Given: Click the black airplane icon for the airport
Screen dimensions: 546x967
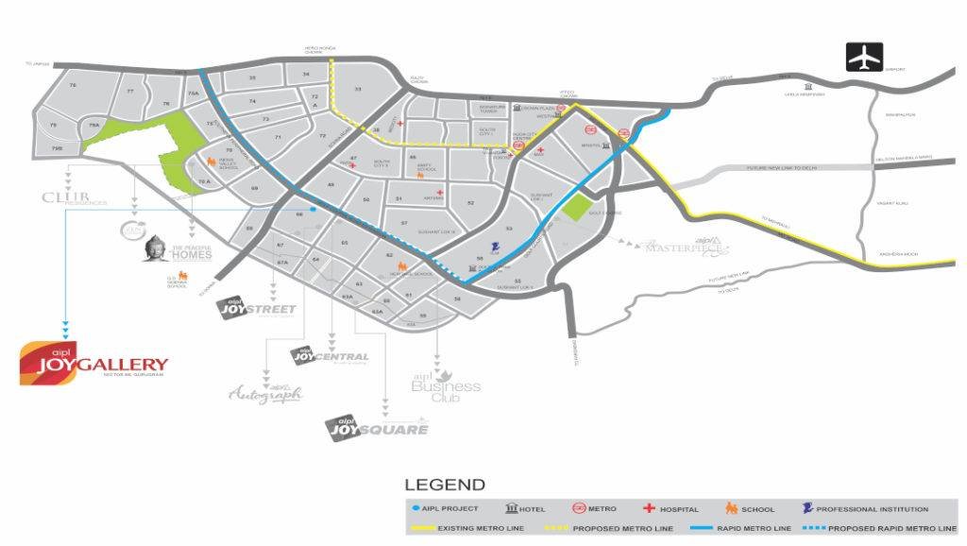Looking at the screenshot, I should (x=864, y=57).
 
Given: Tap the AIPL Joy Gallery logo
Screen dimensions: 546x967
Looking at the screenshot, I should (x=93, y=363).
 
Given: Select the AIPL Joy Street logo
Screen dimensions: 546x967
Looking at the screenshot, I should (x=257, y=308).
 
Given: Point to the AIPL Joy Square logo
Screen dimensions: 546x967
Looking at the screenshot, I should (x=377, y=427).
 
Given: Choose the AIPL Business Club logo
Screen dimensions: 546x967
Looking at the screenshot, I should (x=446, y=384).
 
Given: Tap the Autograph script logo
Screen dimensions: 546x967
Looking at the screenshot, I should (x=265, y=394).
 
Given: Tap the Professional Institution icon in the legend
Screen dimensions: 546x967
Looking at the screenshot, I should (x=808, y=509).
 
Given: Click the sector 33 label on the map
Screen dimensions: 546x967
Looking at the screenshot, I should (x=358, y=89).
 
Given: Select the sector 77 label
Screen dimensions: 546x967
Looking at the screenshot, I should (x=130, y=91).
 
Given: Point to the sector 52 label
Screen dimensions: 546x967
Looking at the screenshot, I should (x=470, y=203).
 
